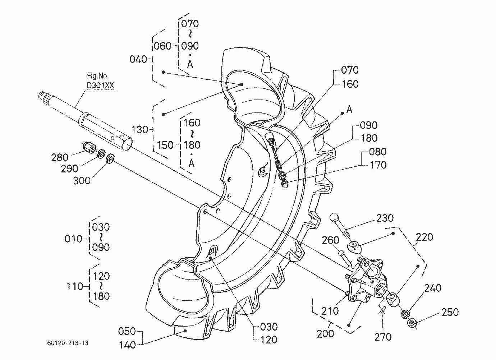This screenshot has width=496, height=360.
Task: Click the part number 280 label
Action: pos(60,158)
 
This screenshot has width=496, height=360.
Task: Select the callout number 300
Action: pos(82,181)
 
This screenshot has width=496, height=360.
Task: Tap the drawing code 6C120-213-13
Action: pos(68,343)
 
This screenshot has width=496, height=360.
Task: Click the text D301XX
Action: pos(100,86)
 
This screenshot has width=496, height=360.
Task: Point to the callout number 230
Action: pos(385,218)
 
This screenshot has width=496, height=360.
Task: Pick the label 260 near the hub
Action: pos(330,240)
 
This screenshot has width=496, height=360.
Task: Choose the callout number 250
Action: pos(450,312)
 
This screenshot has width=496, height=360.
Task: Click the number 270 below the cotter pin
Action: pos(383,337)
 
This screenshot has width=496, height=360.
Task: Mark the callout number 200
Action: pos(325,334)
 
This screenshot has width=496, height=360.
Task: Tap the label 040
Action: pos(138,59)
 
